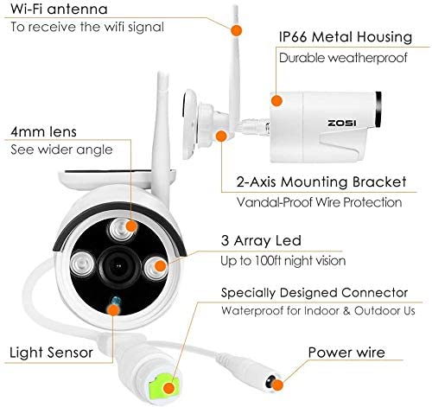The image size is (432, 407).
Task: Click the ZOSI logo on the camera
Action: point(342,123)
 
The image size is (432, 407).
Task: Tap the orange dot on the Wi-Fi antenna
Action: point(236,30)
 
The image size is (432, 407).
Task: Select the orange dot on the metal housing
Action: point(276,100)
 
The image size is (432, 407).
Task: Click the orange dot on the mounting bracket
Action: point(221,136)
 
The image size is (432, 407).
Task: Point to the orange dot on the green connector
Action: point(169,388)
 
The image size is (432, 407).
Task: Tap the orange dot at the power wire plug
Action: point(277,385)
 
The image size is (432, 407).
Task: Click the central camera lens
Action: point(118,266)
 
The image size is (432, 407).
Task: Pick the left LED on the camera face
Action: point(82,264)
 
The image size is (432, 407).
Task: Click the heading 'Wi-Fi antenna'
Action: point(59,9)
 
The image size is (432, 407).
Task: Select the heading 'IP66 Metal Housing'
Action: point(346,37)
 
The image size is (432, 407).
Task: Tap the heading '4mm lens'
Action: point(43,131)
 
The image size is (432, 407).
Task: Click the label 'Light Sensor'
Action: point(51,353)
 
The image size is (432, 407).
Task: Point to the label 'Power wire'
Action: point(346,353)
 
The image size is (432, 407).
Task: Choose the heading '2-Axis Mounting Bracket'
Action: point(321,182)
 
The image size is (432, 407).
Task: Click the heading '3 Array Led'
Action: point(261,241)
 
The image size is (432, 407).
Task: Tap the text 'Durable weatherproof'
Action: point(343,58)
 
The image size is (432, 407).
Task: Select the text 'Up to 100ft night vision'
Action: point(283,261)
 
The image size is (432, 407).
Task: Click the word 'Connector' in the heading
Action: point(375,293)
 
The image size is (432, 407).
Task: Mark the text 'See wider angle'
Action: point(61,149)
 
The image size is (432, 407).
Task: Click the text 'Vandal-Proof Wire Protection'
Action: point(319,202)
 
